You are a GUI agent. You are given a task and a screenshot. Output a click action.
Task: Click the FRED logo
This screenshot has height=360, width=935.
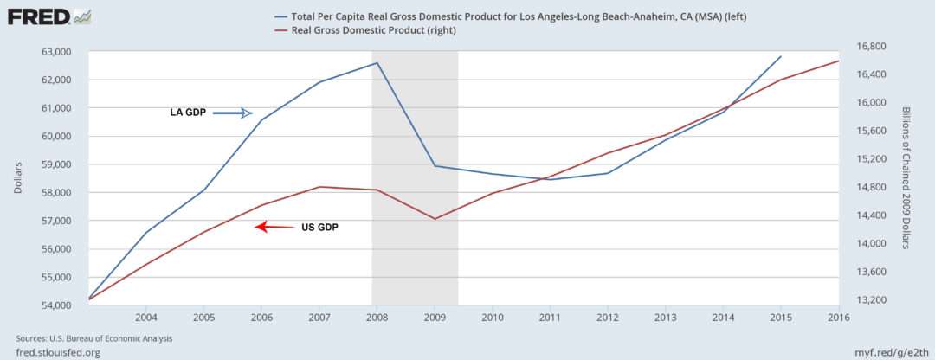coord(48,16)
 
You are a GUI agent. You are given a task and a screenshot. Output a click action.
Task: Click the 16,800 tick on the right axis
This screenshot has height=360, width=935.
coord(874,46)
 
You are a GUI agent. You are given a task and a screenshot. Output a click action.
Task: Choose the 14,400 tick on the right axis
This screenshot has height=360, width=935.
coord(874,215)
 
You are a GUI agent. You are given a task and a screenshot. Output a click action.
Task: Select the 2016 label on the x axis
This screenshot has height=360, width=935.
coord(838,317)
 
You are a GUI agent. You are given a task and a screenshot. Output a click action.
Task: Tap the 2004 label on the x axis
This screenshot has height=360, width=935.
coord(145,317)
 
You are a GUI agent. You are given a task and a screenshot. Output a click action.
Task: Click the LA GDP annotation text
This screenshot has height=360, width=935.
coord(188,113)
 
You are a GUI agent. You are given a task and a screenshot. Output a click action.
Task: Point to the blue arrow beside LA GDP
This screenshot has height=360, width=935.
coord(232,113)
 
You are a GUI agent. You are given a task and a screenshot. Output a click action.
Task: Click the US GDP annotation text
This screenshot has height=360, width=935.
coord(319,228)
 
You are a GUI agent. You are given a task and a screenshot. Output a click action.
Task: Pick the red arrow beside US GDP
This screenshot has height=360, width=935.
coord(274,228)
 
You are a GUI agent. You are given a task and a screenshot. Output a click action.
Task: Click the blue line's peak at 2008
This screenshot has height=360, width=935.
coord(377,63)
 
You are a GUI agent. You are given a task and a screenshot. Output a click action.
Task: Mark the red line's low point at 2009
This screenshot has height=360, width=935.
coord(435,219)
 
